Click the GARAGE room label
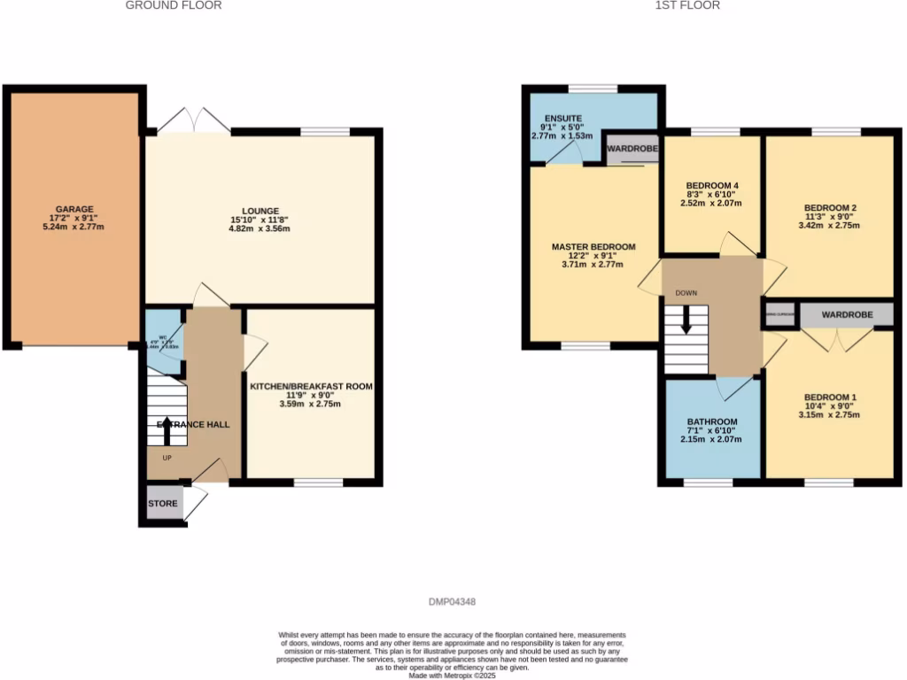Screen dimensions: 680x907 pyautogui.click(x=75, y=209)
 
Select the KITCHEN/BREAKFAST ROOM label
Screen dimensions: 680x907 pyautogui.click(x=310, y=387)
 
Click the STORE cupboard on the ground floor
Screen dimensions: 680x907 pyautogui.click(x=162, y=504)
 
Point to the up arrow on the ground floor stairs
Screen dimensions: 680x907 pyautogui.click(x=167, y=432)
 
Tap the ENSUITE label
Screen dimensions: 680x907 pyautogui.click(x=562, y=117)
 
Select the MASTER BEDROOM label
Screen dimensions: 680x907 pyautogui.click(x=593, y=246)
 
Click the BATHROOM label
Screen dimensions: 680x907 pyautogui.click(x=712, y=421)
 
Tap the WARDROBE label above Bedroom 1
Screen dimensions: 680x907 pyautogui.click(x=846, y=315)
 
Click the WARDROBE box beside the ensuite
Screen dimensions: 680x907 pyautogui.click(x=632, y=150)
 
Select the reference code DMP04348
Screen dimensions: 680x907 pyautogui.click(x=453, y=601)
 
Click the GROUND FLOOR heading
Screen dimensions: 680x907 pyautogui.click(x=174, y=5)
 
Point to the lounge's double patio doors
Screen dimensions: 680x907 pyautogui.click(x=194, y=122)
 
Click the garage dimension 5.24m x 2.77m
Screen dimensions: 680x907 pyautogui.click(x=75, y=227)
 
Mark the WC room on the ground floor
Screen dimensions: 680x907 pyautogui.click(x=163, y=341)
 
